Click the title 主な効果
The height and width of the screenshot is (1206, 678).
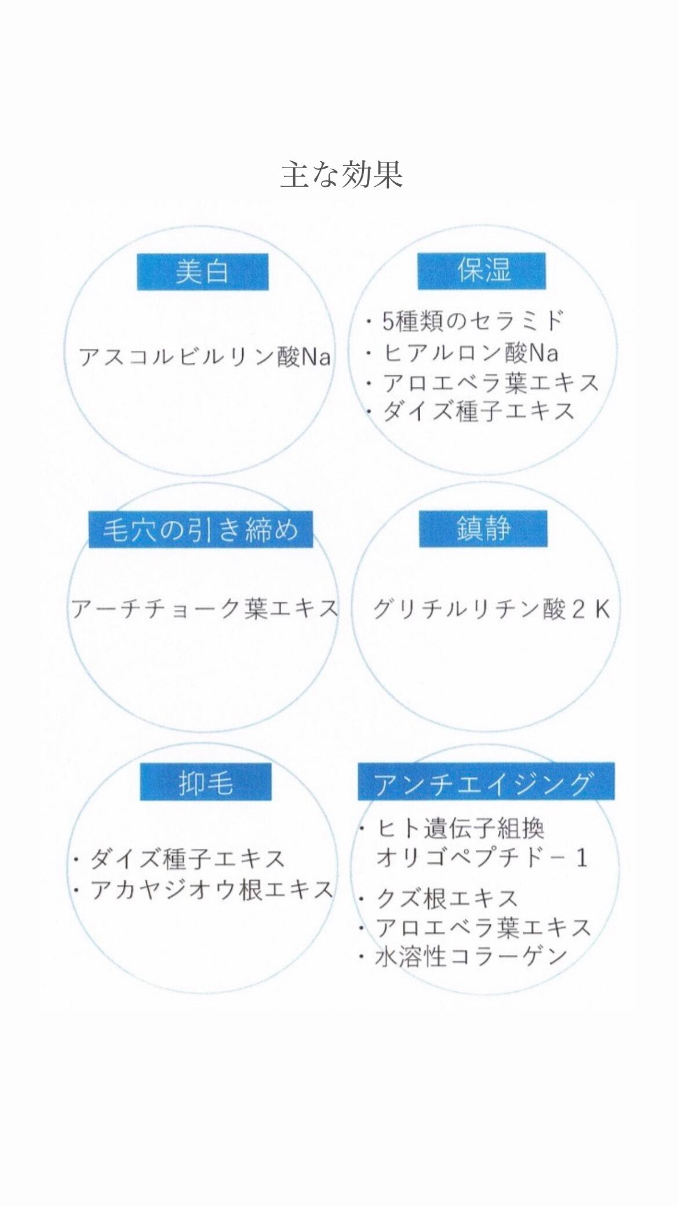[341, 175]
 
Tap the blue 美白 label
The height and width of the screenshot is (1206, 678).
[202, 272]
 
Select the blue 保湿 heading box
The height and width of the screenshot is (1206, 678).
[482, 271]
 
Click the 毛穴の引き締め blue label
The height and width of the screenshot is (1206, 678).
[200, 529]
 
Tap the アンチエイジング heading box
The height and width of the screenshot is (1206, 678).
[486, 782]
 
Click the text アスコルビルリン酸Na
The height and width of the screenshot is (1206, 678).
[205, 357]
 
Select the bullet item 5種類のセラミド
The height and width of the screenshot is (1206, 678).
[472, 321]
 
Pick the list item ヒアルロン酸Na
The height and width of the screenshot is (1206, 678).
[470, 351]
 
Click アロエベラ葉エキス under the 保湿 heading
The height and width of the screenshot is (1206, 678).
[490, 382]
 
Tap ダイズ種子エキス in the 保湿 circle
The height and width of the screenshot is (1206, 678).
[478, 412]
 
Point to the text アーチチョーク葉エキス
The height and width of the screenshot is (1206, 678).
[204, 609]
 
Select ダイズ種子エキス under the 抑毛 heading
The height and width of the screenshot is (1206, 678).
[187, 859]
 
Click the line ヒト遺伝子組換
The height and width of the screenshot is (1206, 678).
[461, 829]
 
